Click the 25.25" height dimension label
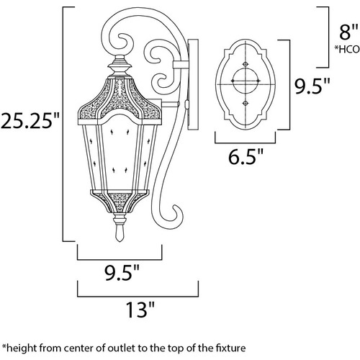coord(30,121)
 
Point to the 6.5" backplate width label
coord(246,156)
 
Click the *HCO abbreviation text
coord(347,49)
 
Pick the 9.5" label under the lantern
coord(122,273)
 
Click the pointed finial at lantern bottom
coord(120,233)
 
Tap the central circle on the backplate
coord(246,81)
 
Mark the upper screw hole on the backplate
coord(246,64)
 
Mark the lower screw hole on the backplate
coord(246,103)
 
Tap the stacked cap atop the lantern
coord(120,66)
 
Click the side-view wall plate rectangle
coord(193,85)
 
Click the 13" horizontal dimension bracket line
coord(138,296)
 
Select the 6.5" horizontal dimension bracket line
coord(245,143)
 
